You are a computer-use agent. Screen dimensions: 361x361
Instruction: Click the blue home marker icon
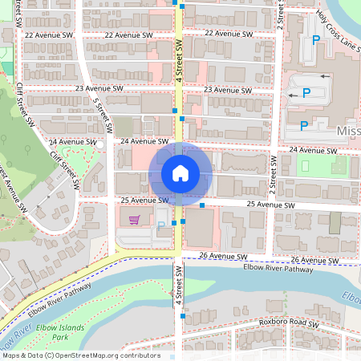180,172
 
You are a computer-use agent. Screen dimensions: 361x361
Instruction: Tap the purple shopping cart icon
134,219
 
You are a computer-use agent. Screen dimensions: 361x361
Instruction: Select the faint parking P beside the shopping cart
160,225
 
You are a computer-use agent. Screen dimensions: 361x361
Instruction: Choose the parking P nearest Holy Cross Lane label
316,39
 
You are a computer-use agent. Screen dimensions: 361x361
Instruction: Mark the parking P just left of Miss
303,125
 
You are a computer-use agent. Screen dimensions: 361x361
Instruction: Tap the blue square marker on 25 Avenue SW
202,206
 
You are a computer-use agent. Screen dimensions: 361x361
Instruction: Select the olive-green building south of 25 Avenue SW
335,222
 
